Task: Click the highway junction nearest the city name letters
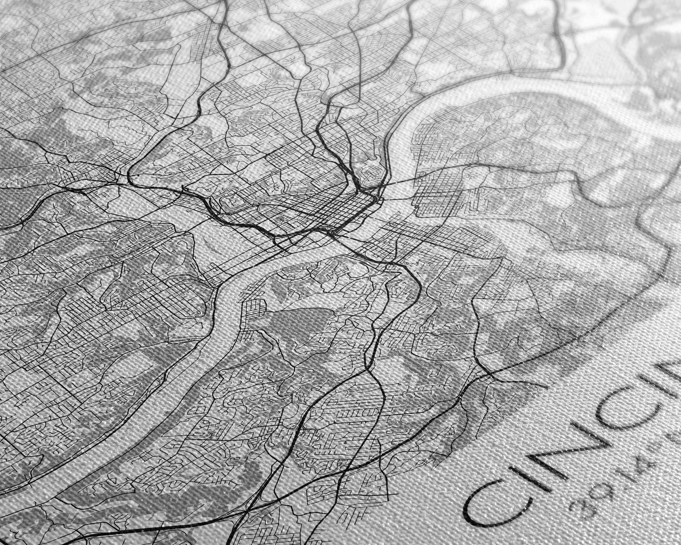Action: [x=490, y=375]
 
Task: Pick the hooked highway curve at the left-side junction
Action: [x=130, y=177]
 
